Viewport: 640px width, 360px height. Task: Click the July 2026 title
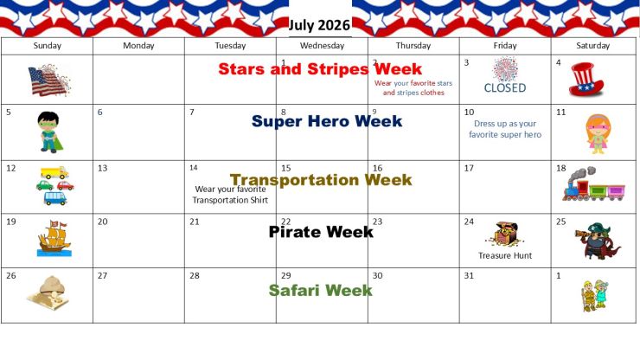[x=319, y=25]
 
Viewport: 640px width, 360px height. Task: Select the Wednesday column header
[x=322, y=46]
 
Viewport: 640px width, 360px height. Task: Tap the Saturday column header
[x=592, y=46]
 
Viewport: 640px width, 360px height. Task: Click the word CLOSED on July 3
[x=505, y=88]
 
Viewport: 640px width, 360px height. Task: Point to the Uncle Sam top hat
[x=586, y=80]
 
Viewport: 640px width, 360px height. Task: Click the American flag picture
[x=49, y=80]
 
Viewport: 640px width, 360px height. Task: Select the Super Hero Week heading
[x=327, y=121]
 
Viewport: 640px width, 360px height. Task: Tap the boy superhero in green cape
[x=50, y=132]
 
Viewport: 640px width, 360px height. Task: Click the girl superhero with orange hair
[x=598, y=134]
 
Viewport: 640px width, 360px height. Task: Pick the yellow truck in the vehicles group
[x=54, y=173]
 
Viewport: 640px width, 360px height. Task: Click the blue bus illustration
[x=55, y=198]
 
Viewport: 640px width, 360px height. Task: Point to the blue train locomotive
[x=576, y=184]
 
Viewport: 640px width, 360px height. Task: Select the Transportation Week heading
[x=321, y=180]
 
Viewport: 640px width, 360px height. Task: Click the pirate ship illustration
[x=54, y=238]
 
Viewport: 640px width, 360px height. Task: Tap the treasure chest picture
[x=504, y=235]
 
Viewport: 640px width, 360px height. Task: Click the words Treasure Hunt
[x=505, y=256]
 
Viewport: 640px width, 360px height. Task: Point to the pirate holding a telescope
[x=598, y=241]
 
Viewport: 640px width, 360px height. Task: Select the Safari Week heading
[x=320, y=291]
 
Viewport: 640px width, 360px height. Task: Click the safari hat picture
[x=48, y=292]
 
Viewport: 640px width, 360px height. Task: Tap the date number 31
[x=469, y=276]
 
